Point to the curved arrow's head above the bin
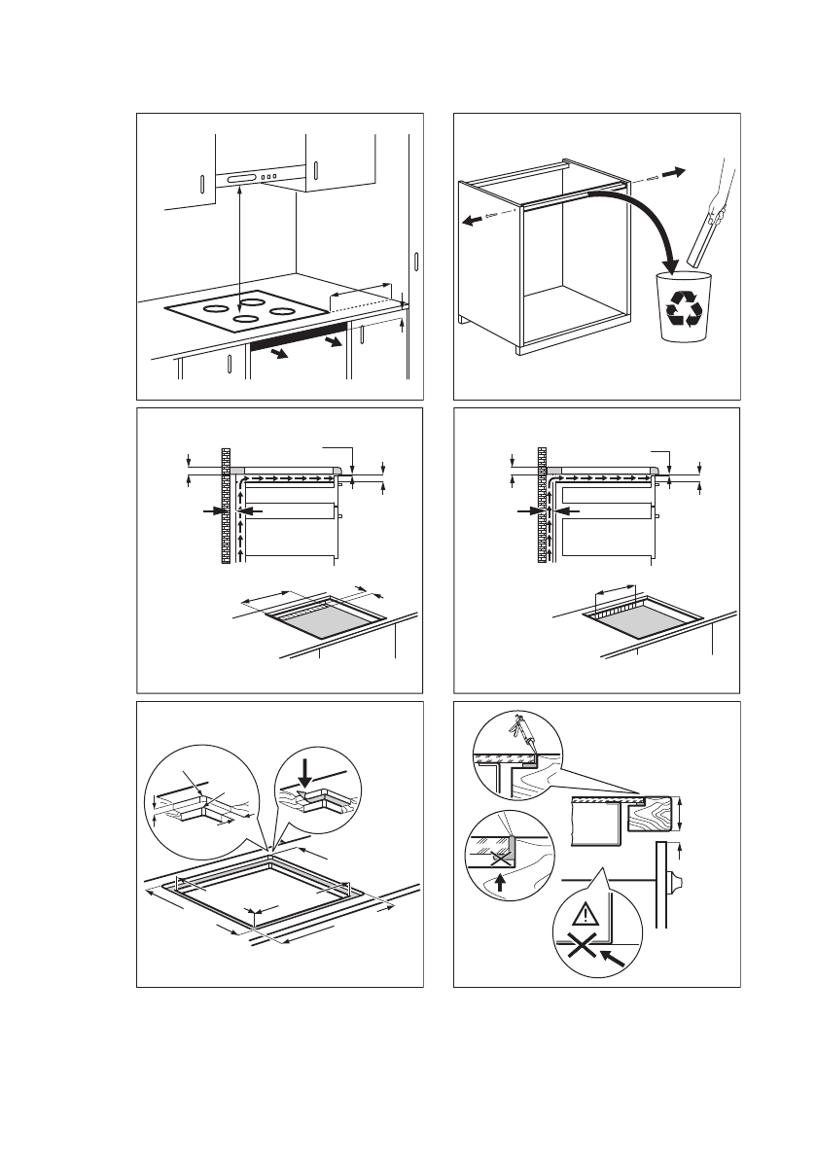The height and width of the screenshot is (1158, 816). pos(670,263)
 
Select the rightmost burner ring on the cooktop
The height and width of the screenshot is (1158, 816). pos(282,311)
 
